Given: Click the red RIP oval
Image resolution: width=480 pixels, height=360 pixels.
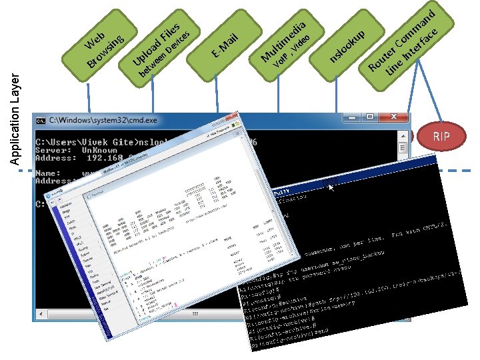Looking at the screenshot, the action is click(441, 137).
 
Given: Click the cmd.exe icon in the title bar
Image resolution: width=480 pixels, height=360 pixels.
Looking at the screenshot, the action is click(41, 121).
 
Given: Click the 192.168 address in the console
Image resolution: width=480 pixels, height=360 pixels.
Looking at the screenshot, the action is click(107, 159).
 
